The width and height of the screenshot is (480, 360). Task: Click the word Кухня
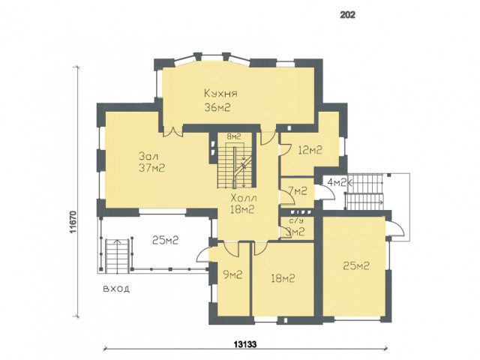[x=220, y=93]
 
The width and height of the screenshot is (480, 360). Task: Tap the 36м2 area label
[x=217, y=107]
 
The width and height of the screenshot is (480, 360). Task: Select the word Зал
[x=148, y=156]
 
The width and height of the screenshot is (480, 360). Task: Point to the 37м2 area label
[x=151, y=168]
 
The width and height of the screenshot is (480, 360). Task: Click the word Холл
[x=244, y=198]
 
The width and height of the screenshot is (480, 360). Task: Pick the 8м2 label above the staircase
[x=234, y=136]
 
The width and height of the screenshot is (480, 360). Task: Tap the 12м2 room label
[x=310, y=150]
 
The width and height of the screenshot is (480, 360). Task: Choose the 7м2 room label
[x=298, y=191]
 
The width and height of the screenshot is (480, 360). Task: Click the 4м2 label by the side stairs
[x=337, y=183]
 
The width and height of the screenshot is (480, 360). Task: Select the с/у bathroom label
[x=295, y=220]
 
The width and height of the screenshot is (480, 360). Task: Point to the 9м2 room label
[x=233, y=274]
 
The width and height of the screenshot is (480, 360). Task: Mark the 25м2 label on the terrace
[x=165, y=240]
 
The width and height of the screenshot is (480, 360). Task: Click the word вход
[x=116, y=289]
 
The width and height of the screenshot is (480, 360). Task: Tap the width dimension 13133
[x=245, y=344]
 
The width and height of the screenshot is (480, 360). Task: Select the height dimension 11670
[x=73, y=222]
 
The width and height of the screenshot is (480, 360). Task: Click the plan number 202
[x=348, y=15]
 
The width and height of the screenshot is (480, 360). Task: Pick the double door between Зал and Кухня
[x=173, y=131]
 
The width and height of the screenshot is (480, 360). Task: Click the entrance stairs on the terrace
[x=117, y=256]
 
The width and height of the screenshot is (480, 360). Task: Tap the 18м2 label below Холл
[x=242, y=209]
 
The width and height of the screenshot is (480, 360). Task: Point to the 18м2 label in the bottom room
[x=283, y=278]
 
